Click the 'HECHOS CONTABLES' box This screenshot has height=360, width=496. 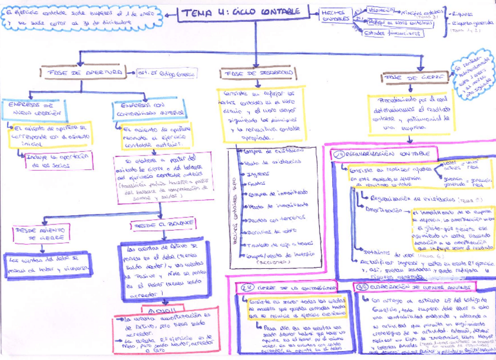(336, 16)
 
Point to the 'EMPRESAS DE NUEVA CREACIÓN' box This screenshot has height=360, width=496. (35, 109)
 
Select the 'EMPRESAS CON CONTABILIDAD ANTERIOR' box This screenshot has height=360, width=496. (149, 109)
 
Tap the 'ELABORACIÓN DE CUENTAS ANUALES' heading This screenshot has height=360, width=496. (416, 288)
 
